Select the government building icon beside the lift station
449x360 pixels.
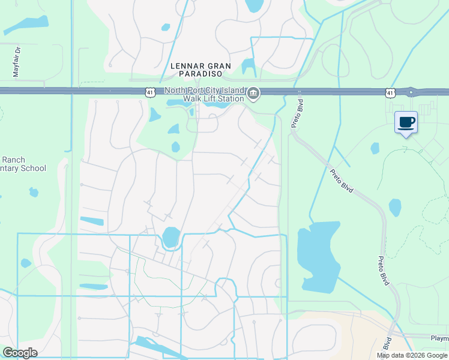click(x=253, y=94)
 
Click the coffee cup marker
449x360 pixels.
click(x=406, y=122)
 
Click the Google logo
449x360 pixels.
click(x=20, y=353)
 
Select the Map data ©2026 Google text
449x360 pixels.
click(x=411, y=355)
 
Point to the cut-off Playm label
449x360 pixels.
click(x=439, y=338)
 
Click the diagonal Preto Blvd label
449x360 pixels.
click(x=342, y=181)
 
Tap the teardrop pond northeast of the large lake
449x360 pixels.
click(x=395, y=208)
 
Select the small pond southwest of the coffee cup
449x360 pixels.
click(x=375, y=148)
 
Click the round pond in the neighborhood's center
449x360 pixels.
click(x=170, y=237)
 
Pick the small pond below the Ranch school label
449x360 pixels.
click(x=34, y=193)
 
